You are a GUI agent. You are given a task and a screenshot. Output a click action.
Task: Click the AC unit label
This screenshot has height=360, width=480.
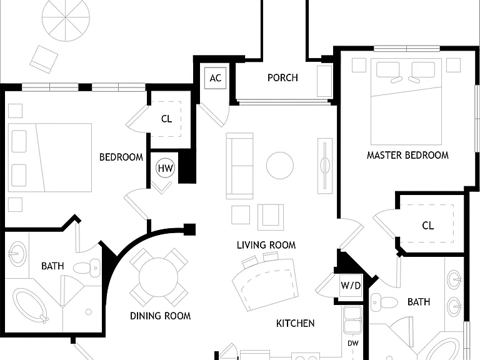click(x=215, y=78)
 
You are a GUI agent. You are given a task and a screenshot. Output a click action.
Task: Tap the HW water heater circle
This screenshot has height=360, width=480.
click(x=165, y=168)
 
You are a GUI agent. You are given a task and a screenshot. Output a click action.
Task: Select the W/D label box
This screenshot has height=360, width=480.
click(x=351, y=286)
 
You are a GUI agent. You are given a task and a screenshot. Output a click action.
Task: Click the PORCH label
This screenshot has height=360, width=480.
click(x=282, y=77)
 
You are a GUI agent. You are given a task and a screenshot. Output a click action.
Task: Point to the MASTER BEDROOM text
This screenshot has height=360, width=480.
click(x=407, y=155)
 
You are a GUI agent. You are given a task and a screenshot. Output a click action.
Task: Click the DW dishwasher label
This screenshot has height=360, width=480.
click(x=353, y=343)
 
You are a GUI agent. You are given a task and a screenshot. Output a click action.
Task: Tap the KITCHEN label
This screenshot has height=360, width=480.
click(x=295, y=323)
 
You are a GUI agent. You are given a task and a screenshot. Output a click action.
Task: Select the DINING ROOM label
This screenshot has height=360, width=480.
click(x=161, y=316)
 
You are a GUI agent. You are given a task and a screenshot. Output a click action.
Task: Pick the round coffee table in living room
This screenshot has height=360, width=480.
click(x=280, y=165)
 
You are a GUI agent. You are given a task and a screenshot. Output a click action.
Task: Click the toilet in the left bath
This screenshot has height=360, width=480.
click(x=87, y=268)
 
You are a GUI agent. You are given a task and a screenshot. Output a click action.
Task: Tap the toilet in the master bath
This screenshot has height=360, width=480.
click(x=384, y=302)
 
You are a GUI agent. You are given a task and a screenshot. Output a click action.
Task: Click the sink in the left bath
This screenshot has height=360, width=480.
click(x=17, y=254)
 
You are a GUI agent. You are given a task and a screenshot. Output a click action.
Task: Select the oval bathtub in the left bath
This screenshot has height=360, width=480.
click(x=30, y=305)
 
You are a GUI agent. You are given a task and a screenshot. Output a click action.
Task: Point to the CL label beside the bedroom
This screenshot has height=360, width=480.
click(x=166, y=119)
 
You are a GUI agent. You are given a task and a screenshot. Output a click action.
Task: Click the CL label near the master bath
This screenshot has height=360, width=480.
click(x=427, y=226)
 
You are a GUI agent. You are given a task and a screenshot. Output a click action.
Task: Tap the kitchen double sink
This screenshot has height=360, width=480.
click(x=352, y=320)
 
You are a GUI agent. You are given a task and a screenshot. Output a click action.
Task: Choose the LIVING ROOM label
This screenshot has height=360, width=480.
click(x=266, y=245)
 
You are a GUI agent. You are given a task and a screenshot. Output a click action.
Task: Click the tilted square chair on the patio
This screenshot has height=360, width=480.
click(x=44, y=59)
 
